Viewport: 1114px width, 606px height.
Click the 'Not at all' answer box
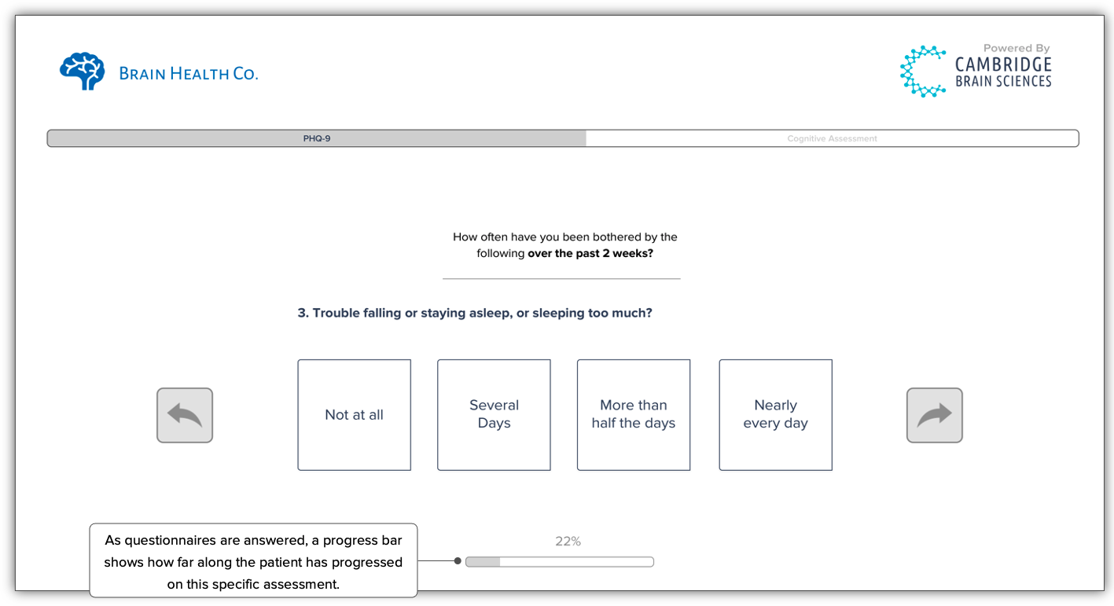click(x=354, y=415)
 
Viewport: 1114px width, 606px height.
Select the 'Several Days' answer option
click(x=494, y=415)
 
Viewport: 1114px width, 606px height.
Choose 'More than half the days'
click(x=634, y=415)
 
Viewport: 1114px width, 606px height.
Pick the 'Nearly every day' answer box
click(x=775, y=415)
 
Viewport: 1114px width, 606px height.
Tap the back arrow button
click(x=185, y=415)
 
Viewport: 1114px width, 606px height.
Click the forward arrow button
click(x=934, y=415)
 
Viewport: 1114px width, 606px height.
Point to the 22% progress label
click(x=568, y=542)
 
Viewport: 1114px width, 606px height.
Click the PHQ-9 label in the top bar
click(x=317, y=139)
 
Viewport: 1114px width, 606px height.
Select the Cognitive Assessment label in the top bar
click(x=832, y=139)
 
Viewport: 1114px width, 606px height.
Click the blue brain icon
click(x=83, y=72)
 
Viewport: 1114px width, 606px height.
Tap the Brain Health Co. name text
click(x=189, y=74)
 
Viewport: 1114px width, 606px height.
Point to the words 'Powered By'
click(x=1016, y=49)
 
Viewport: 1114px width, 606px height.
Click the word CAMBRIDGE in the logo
click(x=1003, y=64)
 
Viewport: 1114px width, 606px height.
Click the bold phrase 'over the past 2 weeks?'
click(x=590, y=254)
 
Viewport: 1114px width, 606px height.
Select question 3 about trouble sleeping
click(x=475, y=313)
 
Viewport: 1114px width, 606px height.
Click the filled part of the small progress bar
click(x=483, y=562)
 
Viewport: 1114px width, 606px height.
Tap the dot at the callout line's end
click(x=458, y=561)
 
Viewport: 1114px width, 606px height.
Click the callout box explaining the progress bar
click(x=253, y=561)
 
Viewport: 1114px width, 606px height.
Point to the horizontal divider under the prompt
click(x=561, y=279)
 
